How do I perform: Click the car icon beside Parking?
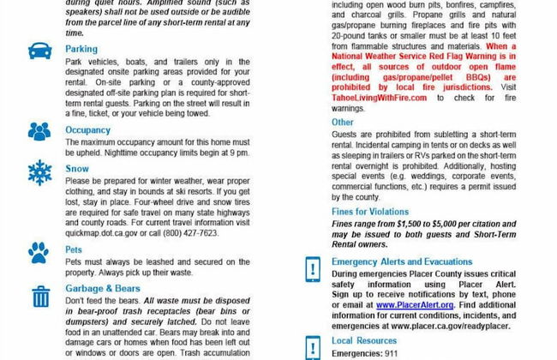[x=39, y=51]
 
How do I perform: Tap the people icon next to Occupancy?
[x=39, y=131]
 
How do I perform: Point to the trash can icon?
[x=39, y=296]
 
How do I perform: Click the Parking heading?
[x=81, y=50]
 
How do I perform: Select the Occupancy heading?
[x=88, y=130]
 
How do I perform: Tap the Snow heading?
[x=77, y=170]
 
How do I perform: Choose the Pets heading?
[x=75, y=249]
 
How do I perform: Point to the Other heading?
[x=342, y=123]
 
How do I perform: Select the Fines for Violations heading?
[x=370, y=210]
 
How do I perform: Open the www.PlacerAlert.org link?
[x=415, y=304]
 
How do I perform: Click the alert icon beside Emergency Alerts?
[x=313, y=268]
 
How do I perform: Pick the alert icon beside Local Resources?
[x=313, y=346]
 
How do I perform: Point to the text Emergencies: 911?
[x=365, y=352]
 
